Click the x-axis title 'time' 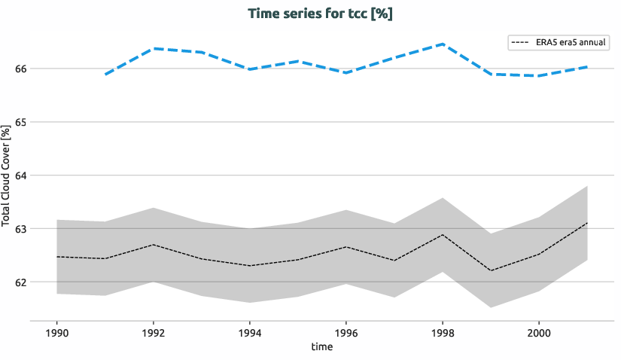[x=321, y=346]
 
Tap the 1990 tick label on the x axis [x=57, y=332]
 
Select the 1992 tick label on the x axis [x=154, y=332]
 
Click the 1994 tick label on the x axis [x=250, y=332]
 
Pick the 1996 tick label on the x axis [x=346, y=332]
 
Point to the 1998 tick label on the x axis [x=443, y=332]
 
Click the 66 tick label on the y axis [x=20, y=69]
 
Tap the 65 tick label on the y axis [x=20, y=122]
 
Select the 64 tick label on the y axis [x=20, y=175]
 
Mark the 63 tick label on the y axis [x=20, y=229]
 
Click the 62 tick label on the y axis [x=20, y=282]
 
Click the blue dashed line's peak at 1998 [x=443, y=44]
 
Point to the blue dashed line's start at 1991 [x=105, y=75]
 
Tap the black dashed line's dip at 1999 [x=491, y=270]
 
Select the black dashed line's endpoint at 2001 [x=587, y=223]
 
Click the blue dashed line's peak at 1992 [x=154, y=48]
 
